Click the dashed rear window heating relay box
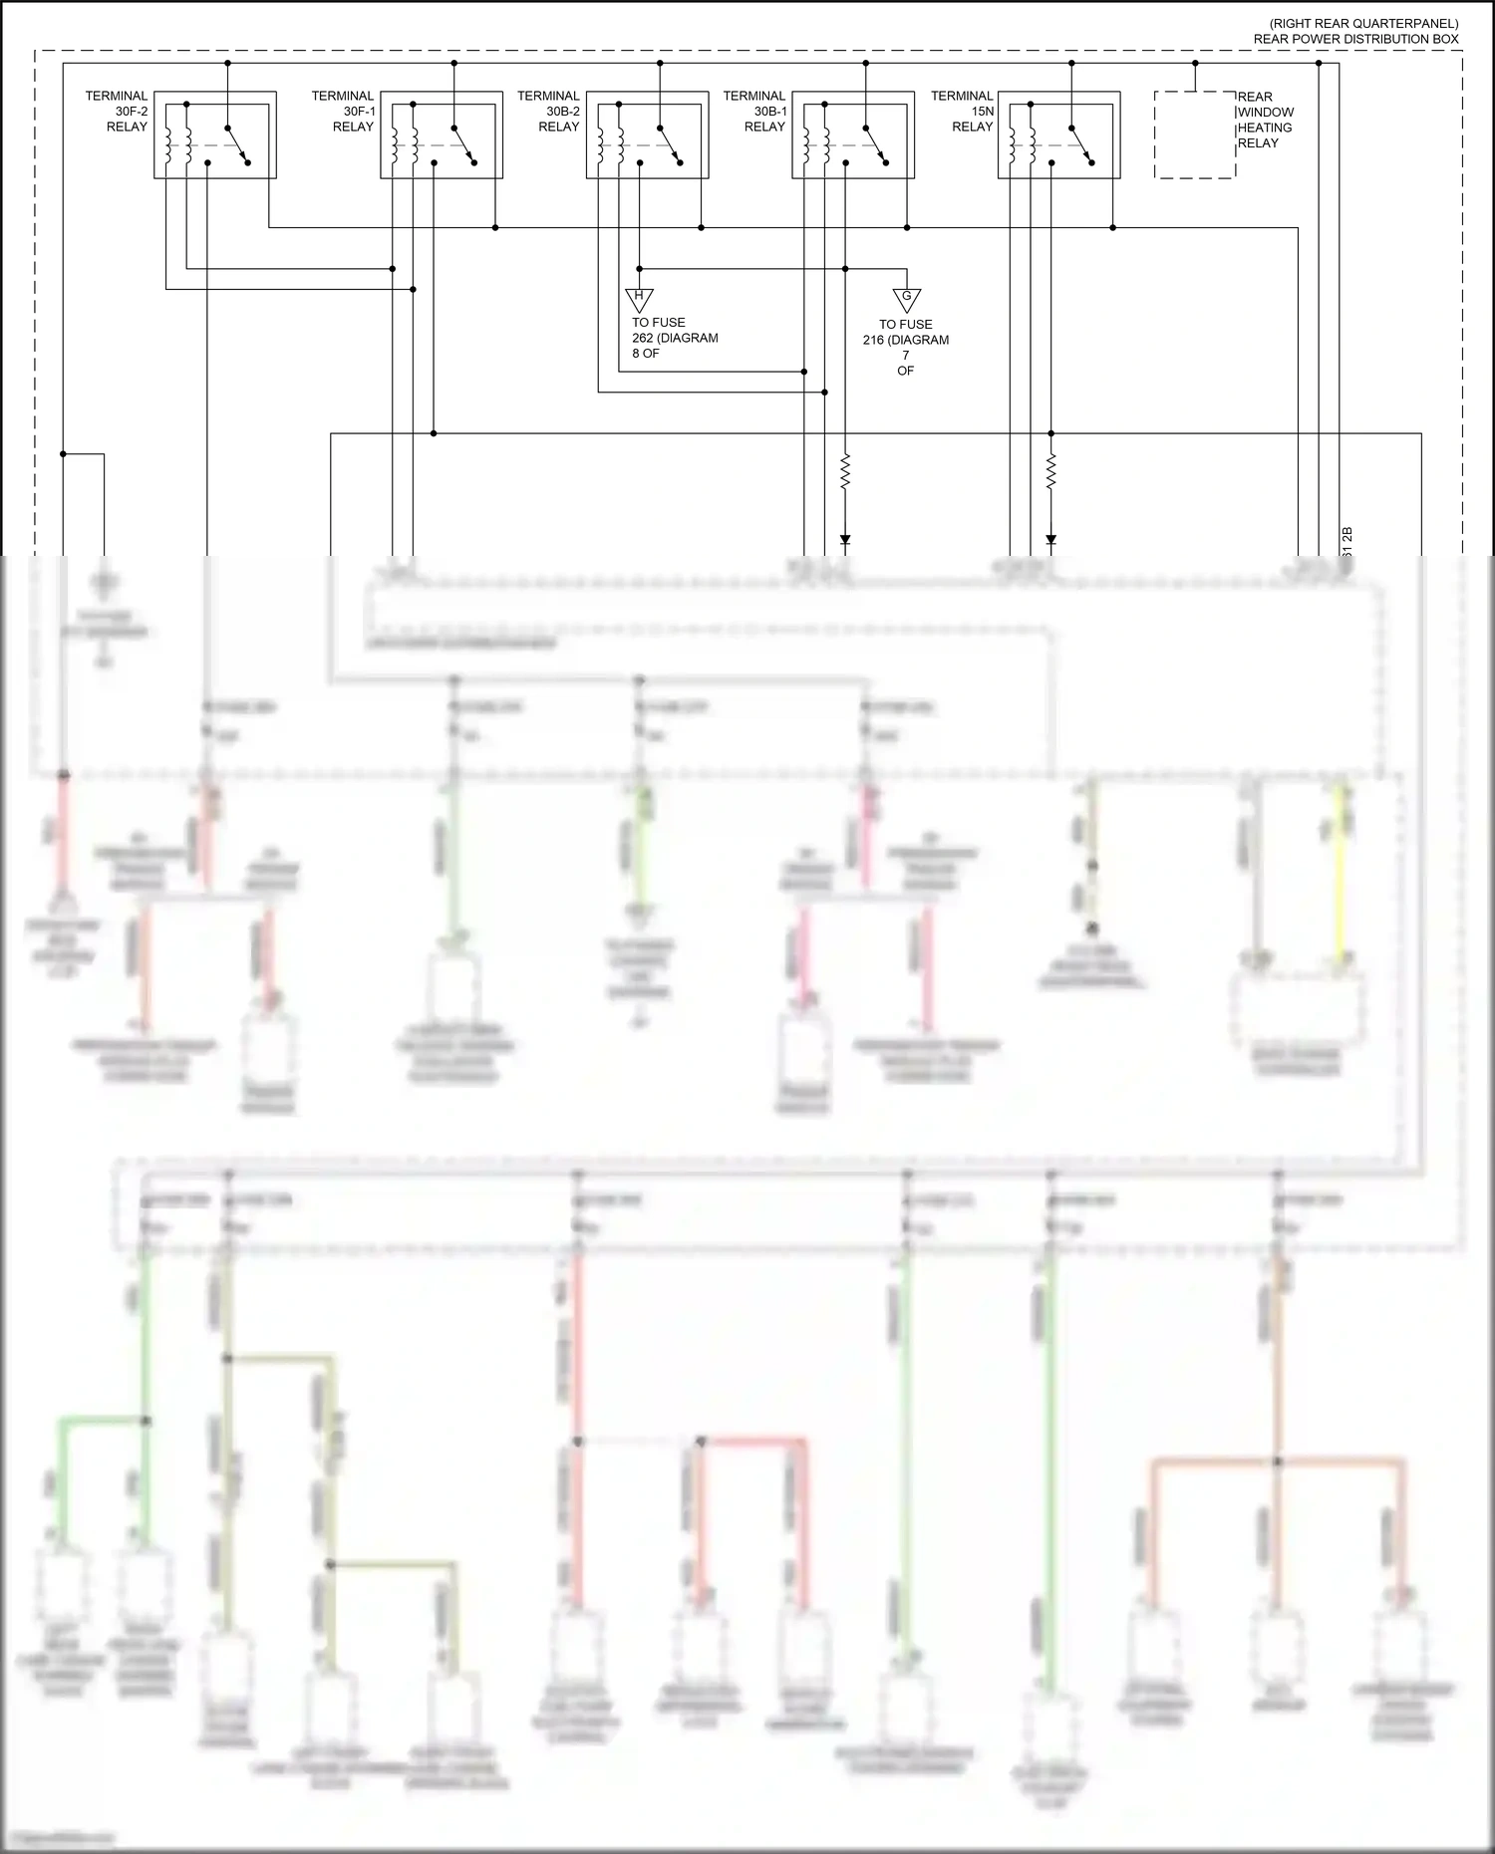(x=1194, y=134)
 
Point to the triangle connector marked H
(x=639, y=298)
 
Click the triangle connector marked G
(x=906, y=299)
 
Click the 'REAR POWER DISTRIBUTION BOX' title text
(x=1355, y=39)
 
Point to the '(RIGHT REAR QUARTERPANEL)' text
(x=1362, y=23)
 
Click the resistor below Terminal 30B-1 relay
(x=845, y=472)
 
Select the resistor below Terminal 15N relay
(x=1050, y=472)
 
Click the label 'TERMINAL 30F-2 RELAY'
(x=118, y=112)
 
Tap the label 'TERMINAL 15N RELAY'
(x=963, y=112)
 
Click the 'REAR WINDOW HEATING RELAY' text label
(x=1265, y=120)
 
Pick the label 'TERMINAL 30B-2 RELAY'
(x=549, y=112)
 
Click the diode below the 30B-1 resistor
(x=845, y=540)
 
